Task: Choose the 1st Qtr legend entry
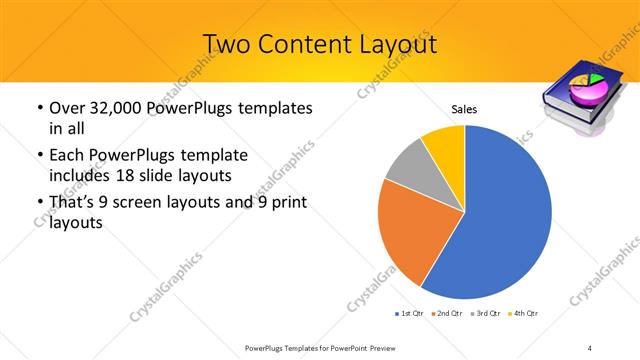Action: click(410, 314)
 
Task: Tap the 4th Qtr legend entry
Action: click(526, 314)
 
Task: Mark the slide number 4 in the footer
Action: click(590, 347)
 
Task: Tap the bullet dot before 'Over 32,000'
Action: click(38, 108)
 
